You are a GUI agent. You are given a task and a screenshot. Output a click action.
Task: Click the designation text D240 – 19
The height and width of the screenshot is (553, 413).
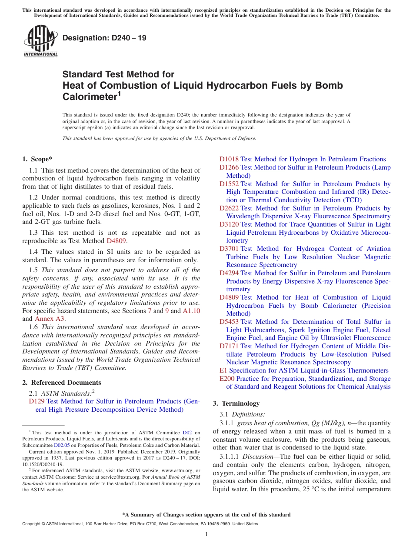pyautogui.click(x=104, y=38)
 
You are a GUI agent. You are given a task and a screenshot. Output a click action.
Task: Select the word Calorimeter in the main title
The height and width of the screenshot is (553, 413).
pyautogui.click(x=89, y=96)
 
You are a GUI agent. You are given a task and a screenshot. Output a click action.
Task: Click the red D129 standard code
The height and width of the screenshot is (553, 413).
pyautogui.click(x=37, y=401)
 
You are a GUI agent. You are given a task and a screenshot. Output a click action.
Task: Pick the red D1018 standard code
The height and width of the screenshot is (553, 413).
pyautogui.click(x=229, y=159)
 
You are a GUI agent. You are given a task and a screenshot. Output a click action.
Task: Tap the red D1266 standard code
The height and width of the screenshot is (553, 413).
pyautogui.click(x=229, y=167)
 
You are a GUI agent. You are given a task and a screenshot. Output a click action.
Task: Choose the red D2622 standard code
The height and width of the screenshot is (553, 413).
pyautogui.click(x=229, y=208)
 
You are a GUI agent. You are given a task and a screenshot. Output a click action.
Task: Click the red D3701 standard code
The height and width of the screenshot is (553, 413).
pyautogui.click(x=229, y=249)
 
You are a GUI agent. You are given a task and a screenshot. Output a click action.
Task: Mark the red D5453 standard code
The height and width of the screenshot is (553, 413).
pyautogui.click(x=229, y=322)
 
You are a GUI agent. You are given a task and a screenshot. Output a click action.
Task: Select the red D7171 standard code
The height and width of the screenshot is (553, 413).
pyautogui.click(x=229, y=346)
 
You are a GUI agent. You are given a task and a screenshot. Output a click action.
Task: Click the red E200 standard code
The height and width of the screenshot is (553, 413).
pyautogui.click(x=227, y=379)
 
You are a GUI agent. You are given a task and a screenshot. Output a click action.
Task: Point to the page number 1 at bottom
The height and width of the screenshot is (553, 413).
pyautogui.click(x=206, y=534)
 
